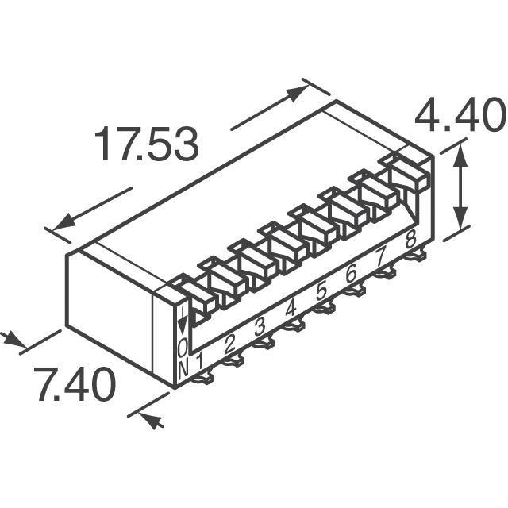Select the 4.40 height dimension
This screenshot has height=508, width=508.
(461, 116)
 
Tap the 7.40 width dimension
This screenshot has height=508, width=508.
(75, 384)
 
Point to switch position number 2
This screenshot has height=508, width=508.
(229, 344)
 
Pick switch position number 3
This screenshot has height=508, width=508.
(260, 328)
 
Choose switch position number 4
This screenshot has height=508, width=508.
(291, 310)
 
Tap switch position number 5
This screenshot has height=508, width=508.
(321, 293)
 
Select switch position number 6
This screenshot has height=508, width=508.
(351, 275)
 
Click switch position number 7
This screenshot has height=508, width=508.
(380, 258)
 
